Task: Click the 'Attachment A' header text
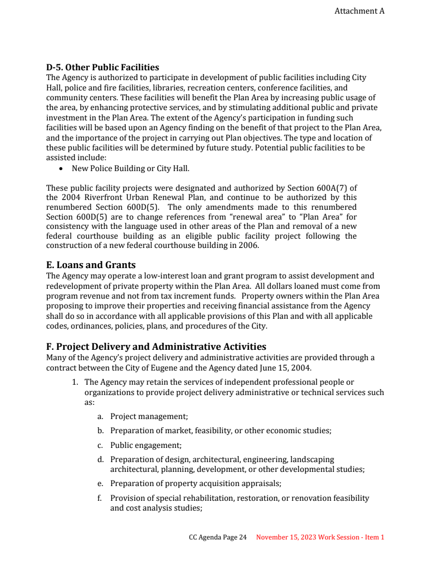click(359, 11)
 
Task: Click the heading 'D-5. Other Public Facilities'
click(102, 68)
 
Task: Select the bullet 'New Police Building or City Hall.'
click(130, 168)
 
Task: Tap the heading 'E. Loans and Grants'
click(91, 265)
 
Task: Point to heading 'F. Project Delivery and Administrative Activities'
click(156, 347)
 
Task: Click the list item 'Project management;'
click(149, 416)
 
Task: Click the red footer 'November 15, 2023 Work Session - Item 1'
click(320, 537)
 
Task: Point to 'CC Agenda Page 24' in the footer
click(217, 537)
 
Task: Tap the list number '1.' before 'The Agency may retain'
click(76, 383)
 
